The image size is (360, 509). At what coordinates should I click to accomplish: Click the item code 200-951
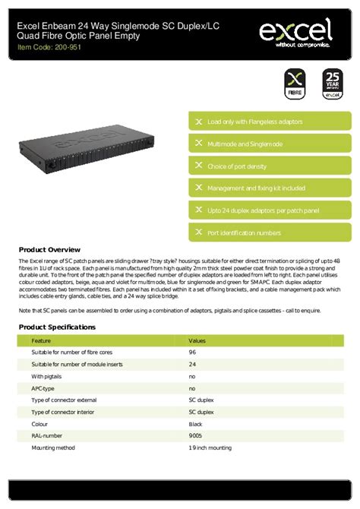tap(50, 47)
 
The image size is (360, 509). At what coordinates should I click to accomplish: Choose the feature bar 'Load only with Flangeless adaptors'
tap(270, 122)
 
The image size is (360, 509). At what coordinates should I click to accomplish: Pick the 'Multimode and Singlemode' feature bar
tap(270, 144)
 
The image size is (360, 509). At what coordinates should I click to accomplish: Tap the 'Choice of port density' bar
tap(270, 166)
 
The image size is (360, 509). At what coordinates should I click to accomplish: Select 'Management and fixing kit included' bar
tap(270, 188)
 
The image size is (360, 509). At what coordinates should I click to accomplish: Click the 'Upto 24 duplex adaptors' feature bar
tap(270, 210)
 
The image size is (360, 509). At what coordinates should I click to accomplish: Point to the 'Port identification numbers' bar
tap(270, 232)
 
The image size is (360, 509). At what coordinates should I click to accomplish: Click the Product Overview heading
tap(49, 249)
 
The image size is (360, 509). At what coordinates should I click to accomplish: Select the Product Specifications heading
tap(57, 327)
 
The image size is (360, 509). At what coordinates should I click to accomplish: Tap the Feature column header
tap(42, 342)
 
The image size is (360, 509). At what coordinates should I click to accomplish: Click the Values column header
tap(197, 342)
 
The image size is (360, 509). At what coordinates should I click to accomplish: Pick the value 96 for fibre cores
tap(192, 353)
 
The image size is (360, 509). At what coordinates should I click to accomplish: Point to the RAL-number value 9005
tap(195, 437)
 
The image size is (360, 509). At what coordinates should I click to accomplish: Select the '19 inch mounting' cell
tap(210, 448)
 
